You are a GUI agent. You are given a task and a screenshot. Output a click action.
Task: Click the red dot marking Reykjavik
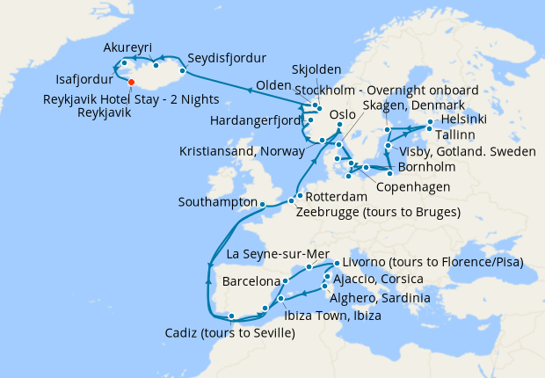click(x=131, y=84)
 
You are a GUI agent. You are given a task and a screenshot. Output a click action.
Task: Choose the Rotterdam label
click(x=337, y=197)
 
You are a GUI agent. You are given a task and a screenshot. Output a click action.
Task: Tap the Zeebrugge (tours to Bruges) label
click(x=378, y=213)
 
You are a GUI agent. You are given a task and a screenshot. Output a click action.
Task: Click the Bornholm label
click(x=426, y=167)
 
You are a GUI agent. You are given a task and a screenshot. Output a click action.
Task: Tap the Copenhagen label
click(x=413, y=186)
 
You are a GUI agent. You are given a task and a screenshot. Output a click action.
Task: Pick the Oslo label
click(x=341, y=114)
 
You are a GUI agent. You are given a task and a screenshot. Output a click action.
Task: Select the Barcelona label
click(x=251, y=282)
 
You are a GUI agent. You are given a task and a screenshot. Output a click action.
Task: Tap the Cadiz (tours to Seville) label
click(x=230, y=333)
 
